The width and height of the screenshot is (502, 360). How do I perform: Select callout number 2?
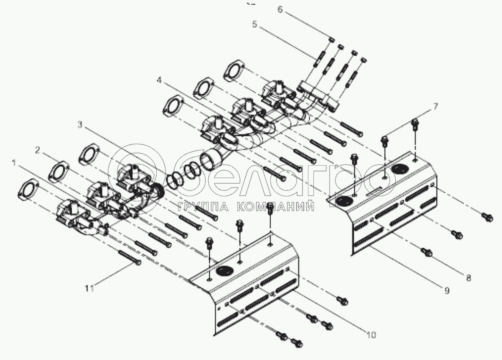click(x=37, y=150)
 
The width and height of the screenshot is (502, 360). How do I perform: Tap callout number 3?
click(x=80, y=125)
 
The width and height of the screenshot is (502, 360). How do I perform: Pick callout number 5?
click(x=255, y=24)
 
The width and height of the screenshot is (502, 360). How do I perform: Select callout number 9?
click(x=447, y=290)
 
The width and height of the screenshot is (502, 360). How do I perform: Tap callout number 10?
click(x=371, y=334)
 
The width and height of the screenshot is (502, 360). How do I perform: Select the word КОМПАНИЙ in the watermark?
click(x=274, y=207)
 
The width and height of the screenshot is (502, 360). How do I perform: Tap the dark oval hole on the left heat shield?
click(x=222, y=272)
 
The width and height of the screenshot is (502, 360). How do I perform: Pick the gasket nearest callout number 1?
click(x=28, y=189)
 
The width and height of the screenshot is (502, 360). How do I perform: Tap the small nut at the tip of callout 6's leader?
click(x=332, y=39)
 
